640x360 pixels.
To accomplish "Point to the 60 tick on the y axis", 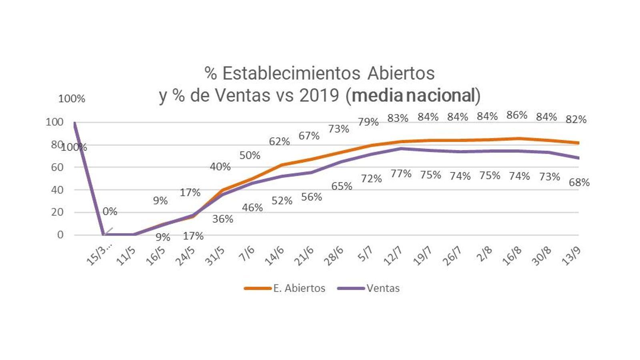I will coord(58,167).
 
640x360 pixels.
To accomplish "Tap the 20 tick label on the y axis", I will coord(58,212).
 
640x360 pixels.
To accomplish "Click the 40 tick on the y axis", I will coord(58,190).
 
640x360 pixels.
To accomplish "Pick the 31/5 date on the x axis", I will coord(215,256).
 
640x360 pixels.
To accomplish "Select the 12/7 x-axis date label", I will coord(393,256).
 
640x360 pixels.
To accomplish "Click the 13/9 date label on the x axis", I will coord(571,256).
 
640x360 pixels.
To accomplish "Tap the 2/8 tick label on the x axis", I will coord(484,254).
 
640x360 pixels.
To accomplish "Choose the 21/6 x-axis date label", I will coord(304,256).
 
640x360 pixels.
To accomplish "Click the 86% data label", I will coord(517,115).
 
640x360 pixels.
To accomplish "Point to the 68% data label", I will coord(579,182).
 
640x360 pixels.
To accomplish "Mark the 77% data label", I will coord(401,174).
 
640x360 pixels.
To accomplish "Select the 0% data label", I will coord(110,212).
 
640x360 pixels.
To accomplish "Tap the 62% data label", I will coord(279,142).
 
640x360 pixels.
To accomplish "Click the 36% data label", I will coord(222,219).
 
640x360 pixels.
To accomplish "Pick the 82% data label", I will coord(576,119).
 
